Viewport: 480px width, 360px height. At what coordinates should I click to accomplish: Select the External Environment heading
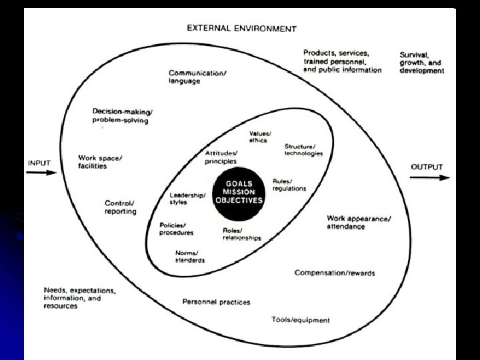pos(242,29)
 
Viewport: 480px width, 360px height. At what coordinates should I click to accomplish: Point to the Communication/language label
pos(197,77)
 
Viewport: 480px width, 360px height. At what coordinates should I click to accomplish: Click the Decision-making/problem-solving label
pos(122,115)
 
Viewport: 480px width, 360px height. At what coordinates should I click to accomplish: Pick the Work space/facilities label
pos(100,162)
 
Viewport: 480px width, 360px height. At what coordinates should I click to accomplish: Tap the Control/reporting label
pos(121,207)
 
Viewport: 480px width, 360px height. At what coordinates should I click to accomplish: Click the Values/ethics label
pos(259,137)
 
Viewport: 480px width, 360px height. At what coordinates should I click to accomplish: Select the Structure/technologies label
pos(303,150)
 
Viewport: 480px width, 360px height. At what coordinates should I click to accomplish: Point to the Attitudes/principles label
pos(221,157)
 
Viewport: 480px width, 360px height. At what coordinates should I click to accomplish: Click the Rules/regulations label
pos(289,185)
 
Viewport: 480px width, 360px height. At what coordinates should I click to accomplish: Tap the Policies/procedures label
pos(177,229)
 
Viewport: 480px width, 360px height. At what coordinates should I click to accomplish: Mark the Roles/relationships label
pos(242,234)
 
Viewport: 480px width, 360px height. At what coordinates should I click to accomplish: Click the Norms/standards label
pos(190,257)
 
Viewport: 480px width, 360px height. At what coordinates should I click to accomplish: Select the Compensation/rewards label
pos(335,273)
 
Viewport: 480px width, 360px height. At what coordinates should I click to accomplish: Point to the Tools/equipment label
pos(301,319)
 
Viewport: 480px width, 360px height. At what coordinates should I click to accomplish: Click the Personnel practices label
pos(217,302)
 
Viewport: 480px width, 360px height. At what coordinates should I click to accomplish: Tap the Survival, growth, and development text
pos(421,62)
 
